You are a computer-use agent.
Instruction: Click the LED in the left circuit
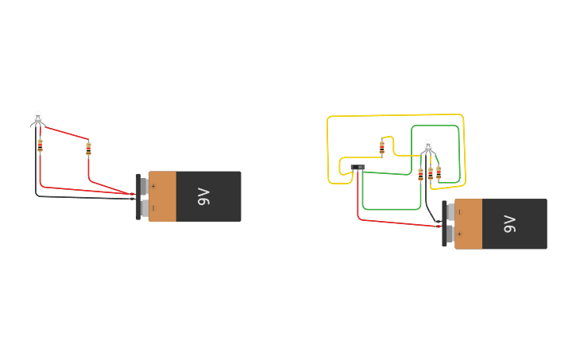coord(37,118)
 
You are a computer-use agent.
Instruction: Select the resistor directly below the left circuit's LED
coord(40,145)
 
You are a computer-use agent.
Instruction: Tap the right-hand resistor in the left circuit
coord(88,148)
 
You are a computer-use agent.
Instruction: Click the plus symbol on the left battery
coord(153,186)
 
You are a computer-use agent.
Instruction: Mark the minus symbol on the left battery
coord(153,207)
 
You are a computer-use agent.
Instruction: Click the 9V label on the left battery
coord(203,196)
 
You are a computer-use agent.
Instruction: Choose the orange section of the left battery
coord(163,196)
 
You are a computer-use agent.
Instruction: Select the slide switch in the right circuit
coord(358,167)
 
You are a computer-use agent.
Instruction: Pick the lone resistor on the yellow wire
coord(381,147)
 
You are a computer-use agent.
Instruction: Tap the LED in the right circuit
coord(428,146)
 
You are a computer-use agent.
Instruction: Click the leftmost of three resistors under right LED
coord(420,174)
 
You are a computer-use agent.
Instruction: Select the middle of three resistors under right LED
coord(431,172)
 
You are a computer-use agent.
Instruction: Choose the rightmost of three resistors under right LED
coord(439,172)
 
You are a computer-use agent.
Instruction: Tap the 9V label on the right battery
coord(510,224)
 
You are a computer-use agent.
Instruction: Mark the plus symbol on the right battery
coord(459,234)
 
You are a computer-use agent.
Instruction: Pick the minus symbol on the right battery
coord(459,212)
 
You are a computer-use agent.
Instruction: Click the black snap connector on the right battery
coord(445,224)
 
